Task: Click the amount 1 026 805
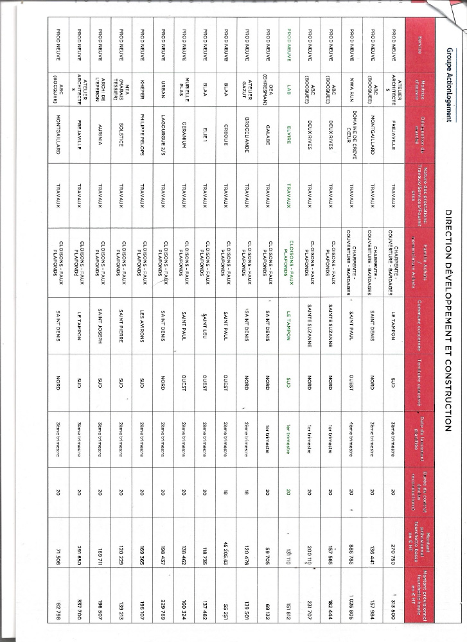coord(353,604)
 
